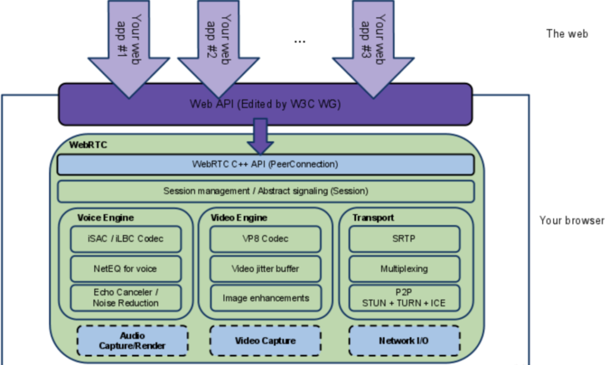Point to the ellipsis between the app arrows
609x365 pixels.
click(300, 41)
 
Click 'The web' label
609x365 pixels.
click(567, 34)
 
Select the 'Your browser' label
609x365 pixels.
click(572, 220)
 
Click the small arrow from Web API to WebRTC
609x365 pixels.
click(260, 137)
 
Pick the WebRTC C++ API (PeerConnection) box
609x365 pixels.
click(266, 164)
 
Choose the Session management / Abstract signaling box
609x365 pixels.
click(266, 191)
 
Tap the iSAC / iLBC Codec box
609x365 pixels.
click(126, 239)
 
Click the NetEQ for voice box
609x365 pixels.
click(126, 268)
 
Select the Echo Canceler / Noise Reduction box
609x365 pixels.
click(126, 297)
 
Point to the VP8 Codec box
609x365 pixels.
click(266, 239)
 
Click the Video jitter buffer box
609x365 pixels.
click(266, 268)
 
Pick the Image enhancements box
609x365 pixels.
click(266, 297)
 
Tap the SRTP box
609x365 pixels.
click(404, 239)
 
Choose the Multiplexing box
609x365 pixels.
click(404, 268)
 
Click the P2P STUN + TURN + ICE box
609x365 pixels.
click(404, 297)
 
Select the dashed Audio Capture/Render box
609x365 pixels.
click(133, 341)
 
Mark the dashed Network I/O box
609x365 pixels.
click(404, 341)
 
